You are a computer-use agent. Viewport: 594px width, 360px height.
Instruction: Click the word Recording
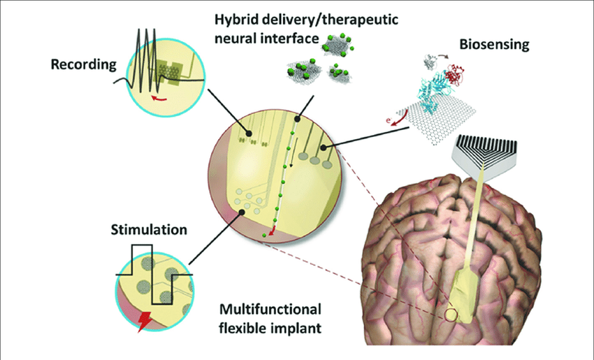[84, 64]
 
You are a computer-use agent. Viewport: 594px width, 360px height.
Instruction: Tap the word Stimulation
[149, 230]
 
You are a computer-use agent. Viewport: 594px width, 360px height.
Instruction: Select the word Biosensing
[494, 45]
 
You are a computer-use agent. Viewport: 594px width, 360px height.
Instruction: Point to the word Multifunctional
[270, 309]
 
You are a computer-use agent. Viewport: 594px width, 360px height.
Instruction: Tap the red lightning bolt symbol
[145, 322]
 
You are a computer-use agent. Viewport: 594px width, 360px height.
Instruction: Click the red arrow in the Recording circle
[159, 99]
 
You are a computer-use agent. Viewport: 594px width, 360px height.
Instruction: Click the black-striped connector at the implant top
[484, 156]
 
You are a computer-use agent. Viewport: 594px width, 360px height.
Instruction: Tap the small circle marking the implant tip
[451, 315]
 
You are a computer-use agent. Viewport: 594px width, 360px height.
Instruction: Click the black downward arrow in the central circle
[292, 152]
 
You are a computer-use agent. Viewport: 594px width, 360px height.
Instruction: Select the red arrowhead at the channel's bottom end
[270, 232]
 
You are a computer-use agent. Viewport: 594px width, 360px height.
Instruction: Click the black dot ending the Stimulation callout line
[241, 213]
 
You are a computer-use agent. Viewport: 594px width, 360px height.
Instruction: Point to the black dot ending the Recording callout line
[249, 134]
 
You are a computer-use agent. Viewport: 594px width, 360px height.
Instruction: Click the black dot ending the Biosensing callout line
[323, 147]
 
